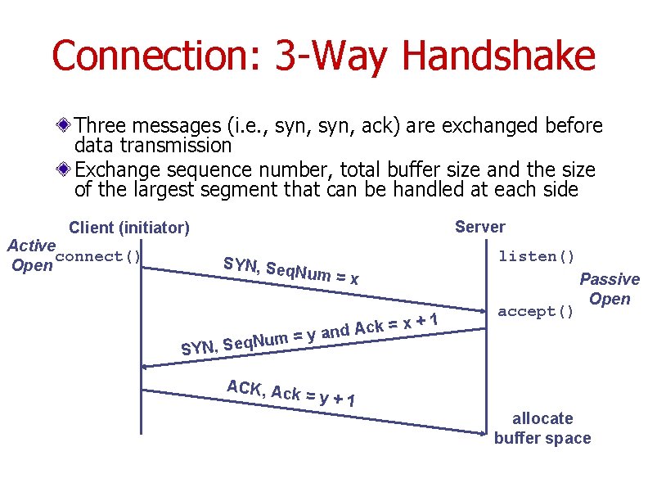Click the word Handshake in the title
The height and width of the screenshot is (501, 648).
(499, 56)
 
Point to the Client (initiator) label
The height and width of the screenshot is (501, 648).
(129, 227)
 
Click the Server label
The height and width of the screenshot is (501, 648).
(480, 227)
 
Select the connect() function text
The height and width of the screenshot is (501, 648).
(100, 256)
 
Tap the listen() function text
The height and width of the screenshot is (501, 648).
(537, 256)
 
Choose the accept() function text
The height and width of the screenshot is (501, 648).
(537, 311)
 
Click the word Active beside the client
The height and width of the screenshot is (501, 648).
(31, 245)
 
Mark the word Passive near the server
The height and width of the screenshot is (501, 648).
(610, 279)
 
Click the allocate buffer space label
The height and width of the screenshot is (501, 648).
(542, 428)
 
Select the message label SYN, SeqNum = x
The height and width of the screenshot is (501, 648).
(290, 271)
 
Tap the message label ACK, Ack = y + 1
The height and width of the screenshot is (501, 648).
(290, 393)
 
